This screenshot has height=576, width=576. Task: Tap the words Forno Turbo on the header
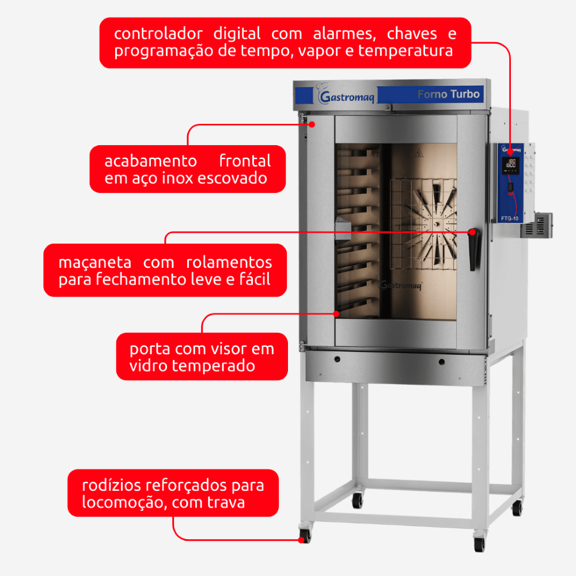point(449,94)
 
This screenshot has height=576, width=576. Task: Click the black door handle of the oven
point(474,249)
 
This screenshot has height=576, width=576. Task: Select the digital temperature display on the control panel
point(511,164)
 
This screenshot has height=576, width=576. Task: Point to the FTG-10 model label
point(510,218)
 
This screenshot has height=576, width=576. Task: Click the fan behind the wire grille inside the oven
point(432,224)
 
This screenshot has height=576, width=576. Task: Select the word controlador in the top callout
point(158,34)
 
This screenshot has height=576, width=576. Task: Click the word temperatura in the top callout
point(406,51)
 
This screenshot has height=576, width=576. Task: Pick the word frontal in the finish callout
point(245,161)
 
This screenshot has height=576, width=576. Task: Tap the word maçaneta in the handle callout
point(95,263)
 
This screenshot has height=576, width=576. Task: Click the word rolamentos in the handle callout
point(229,262)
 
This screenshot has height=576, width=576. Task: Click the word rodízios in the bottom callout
point(111,485)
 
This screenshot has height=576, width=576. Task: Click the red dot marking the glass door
point(336,314)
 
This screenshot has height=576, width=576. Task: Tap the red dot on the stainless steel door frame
point(312,124)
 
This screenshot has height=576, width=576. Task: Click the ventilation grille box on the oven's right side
point(537,225)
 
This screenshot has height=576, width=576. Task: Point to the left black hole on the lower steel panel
point(337,359)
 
